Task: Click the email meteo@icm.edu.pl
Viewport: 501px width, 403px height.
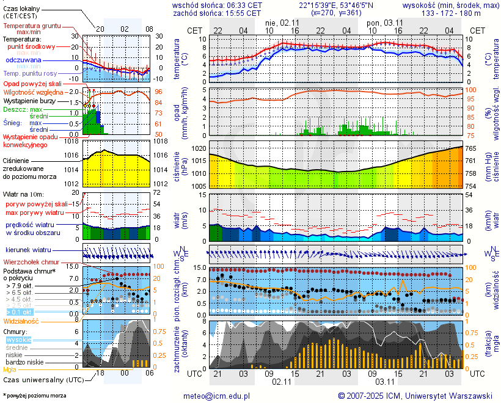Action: (x=217, y=396)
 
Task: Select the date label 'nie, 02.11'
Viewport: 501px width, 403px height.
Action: (x=282, y=22)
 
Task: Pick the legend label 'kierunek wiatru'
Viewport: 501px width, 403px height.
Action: (x=28, y=250)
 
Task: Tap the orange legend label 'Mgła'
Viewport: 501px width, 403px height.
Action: (x=10, y=369)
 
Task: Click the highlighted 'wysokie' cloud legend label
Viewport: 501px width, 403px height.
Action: (x=18, y=339)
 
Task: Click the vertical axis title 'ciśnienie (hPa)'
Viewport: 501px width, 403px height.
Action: (x=181, y=165)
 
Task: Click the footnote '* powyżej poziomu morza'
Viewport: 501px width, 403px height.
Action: (x=34, y=396)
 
